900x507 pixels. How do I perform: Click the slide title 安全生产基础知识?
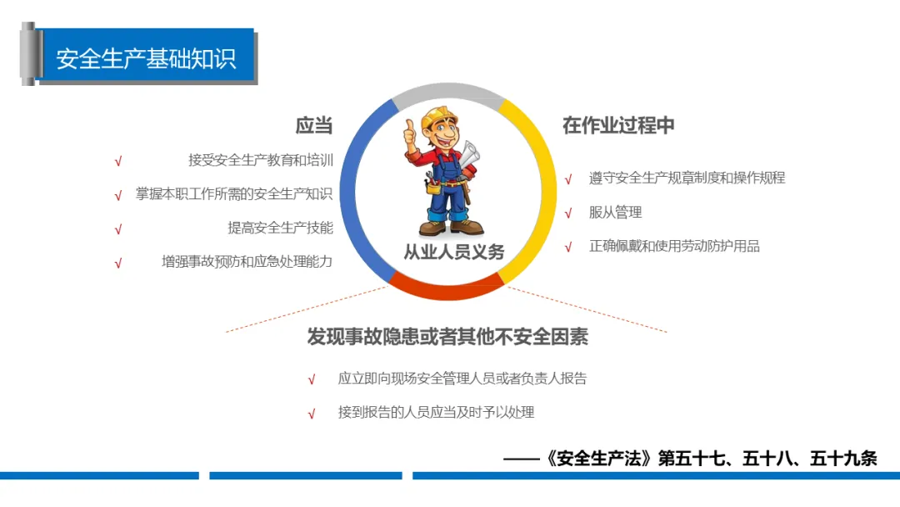(x=146, y=58)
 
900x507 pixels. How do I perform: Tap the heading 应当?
(x=314, y=125)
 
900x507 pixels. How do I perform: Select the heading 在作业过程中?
(x=618, y=125)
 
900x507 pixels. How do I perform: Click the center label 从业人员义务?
(x=453, y=252)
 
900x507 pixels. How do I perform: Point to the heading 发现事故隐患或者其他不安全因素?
(x=447, y=336)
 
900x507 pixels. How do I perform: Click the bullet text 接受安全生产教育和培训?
(x=261, y=160)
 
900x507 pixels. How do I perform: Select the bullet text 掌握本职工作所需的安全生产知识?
(x=234, y=194)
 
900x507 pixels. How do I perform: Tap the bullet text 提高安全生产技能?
(x=280, y=228)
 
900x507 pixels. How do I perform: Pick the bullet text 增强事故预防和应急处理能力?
(x=247, y=262)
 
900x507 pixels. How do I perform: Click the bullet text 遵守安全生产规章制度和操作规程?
(x=687, y=178)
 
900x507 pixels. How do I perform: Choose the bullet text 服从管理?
(x=615, y=213)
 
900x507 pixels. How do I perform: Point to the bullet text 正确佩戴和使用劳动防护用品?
(x=674, y=246)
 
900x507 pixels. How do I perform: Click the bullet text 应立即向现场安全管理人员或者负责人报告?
(x=462, y=379)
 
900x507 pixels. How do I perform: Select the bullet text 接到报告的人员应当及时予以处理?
(x=436, y=412)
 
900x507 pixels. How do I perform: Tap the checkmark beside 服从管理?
(x=568, y=213)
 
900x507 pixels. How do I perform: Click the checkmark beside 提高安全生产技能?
(x=118, y=229)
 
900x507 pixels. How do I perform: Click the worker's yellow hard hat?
(x=438, y=117)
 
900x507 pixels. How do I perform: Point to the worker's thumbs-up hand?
(x=410, y=134)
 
